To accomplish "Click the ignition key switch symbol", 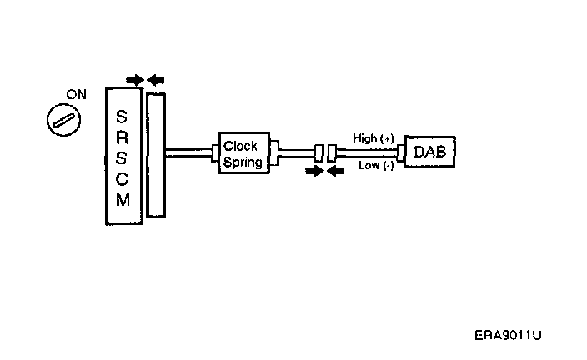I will click(63, 120).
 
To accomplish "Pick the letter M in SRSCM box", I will click(123, 201).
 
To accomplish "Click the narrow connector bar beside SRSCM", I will click(156, 155).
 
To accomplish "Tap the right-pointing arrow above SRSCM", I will click(135, 80).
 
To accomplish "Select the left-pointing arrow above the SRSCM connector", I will click(156, 80).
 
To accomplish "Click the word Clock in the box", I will click(241, 146).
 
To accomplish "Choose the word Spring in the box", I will click(243, 162).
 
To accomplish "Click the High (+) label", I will click(373, 138).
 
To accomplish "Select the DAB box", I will click(429, 152).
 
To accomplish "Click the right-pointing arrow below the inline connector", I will click(314, 171).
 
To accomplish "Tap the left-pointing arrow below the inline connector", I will click(335, 171).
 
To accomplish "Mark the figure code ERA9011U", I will click(508, 335).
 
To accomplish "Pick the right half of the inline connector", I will click(333, 152).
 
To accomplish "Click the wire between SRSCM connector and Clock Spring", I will click(190, 152).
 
